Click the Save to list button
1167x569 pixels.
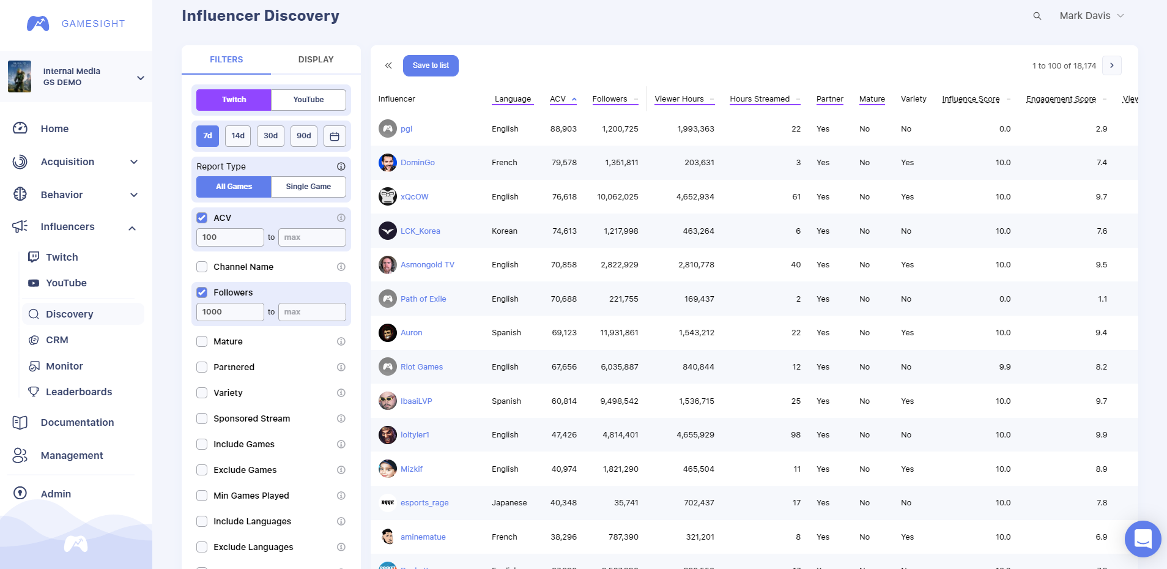tap(431, 65)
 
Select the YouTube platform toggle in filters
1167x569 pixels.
tap(308, 100)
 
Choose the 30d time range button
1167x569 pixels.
tap(271, 136)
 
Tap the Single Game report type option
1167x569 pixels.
tap(308, 187)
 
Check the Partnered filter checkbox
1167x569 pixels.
tap(202, 367)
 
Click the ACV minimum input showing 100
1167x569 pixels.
tap(230, 237)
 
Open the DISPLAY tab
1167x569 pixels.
tap(316, 59)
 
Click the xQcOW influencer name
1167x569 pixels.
tap(414, 197)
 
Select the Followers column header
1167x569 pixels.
tap(610, 99)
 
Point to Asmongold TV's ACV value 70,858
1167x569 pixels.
tap(563, 265)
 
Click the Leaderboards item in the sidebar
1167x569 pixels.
tap(79, 392)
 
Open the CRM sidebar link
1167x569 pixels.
tap(57, 340)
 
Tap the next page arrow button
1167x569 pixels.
tap(1111, 65)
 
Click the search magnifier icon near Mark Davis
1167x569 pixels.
tap(1037, 16)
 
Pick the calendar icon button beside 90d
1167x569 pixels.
tap(335, 136)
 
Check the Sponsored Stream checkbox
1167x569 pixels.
tap(202, 418)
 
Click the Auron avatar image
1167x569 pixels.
tap(388, 333)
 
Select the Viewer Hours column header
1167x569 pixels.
tap(679, 99)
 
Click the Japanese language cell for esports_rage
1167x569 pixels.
tap(509, 503)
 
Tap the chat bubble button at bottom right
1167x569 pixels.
tap(1143, 539)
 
